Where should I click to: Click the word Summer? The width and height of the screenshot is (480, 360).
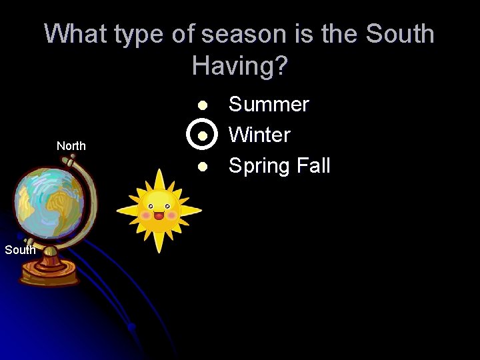269,105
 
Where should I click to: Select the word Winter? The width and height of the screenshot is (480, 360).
259,135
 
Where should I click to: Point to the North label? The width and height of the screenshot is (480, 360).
71,146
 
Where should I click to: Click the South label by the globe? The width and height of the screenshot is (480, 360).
20,250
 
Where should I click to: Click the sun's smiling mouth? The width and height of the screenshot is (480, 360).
159,216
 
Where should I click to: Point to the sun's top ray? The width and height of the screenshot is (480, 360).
159,177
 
